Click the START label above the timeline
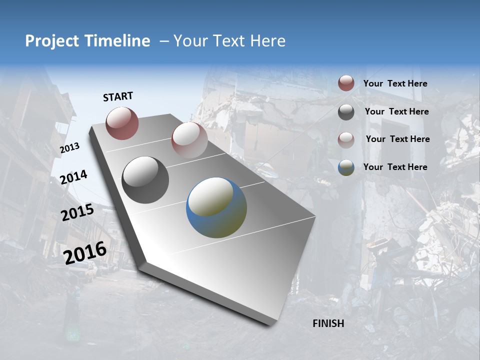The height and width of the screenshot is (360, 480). click(x=118, y=96)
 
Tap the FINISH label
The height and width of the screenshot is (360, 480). click(x=328, y=323)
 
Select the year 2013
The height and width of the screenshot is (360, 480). click(x=69, y=148)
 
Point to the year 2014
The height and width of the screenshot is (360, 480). click(x=73, y=177)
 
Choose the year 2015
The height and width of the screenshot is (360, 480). click(x=77, y=212)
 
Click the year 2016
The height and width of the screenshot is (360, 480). click(x=85, y=252)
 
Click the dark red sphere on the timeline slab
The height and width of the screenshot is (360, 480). click(x=122, y=123)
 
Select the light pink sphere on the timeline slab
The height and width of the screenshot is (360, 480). click(x=189, y=139)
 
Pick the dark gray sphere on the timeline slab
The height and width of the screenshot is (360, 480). click(x=145, y=180)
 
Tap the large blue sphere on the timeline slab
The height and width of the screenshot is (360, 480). click(x=216, y=207)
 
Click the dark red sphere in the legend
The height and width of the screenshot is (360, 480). click(x=346, y=83)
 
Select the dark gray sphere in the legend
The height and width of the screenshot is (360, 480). click(x=346, y=112)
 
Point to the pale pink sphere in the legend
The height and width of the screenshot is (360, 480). click(x=346, y=140)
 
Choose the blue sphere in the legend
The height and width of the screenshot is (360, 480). click(x=346, y=167)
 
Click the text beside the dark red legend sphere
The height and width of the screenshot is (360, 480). click(x=395, y=83)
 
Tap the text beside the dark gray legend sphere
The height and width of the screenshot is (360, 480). click(x=396, y=111)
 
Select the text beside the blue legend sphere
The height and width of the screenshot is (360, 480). click(x=395, y=167)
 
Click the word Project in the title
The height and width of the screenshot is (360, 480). click(x=52, y=41)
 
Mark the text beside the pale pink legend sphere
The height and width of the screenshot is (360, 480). click(x=397, y=139)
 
